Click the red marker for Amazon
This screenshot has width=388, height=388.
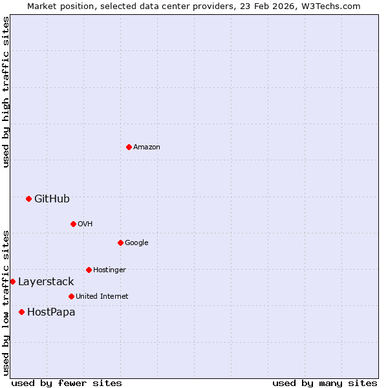(129, 147)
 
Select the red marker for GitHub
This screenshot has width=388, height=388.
(28, 199)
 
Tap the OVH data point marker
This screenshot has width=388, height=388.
(73, 224)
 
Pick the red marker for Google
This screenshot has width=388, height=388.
(120, 242)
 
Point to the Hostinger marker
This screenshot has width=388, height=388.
(89, 270)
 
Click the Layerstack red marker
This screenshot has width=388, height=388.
(13, 281)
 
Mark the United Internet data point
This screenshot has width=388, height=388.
(71, 296)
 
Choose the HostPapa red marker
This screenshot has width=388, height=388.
(21, 312)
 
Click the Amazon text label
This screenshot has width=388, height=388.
(147, 147)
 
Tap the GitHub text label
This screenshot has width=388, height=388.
(52, 199)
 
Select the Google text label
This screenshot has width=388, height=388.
(136, 242)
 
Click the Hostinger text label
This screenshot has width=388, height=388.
(109, 270)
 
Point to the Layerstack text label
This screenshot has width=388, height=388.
(46, 281)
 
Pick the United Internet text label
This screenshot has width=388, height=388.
(102, 296)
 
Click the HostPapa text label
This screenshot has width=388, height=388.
(51, 312)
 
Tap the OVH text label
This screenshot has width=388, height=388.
(85, 224)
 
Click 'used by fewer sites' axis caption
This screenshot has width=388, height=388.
(67, 383)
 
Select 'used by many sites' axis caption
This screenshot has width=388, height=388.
(325, 383)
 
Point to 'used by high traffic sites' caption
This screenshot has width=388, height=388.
(6, 92)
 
